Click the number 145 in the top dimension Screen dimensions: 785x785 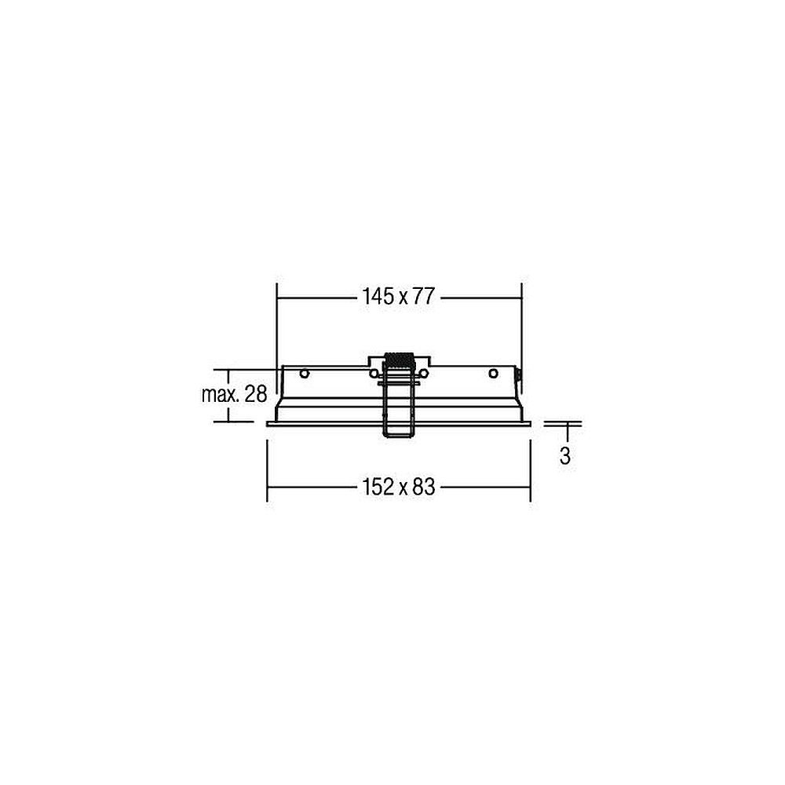pos(378,297)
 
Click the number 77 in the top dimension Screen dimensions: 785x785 pos(424,297)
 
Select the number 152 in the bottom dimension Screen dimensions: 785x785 pos(378,487)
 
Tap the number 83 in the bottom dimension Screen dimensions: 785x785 pos(424,487)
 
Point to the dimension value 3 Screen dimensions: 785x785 pos(564,455)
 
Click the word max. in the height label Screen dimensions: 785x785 pos(221,395)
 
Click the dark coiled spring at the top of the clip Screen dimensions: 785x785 pos(398,361)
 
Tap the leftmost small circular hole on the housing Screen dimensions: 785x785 pos(304,374)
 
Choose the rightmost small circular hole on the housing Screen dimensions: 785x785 pos(493,374)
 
